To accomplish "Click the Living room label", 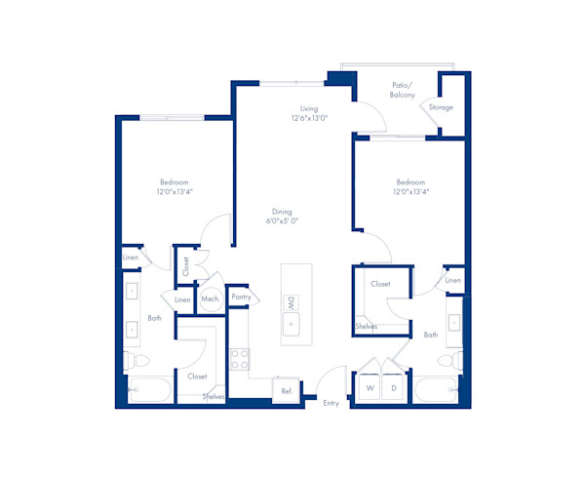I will (x=309, y=108).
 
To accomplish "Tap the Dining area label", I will (x=282, y=212).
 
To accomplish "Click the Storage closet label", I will (x=441, y=107).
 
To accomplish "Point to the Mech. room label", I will (x=210, y=299).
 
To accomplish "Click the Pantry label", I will (x=241, y=297).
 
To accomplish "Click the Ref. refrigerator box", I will (x=287, y=390).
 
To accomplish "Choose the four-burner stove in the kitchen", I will (x=236, y=358).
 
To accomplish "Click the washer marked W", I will (x=370, y=388).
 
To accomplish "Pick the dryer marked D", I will (x=394, y=388).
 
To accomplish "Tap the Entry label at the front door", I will (x=331, y=403).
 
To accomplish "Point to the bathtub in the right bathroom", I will (x=438, y=391).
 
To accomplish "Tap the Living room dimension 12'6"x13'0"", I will (x=309, y=118).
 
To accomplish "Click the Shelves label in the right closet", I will (x=366, y=327).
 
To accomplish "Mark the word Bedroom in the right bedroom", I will (x=410, y=182).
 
